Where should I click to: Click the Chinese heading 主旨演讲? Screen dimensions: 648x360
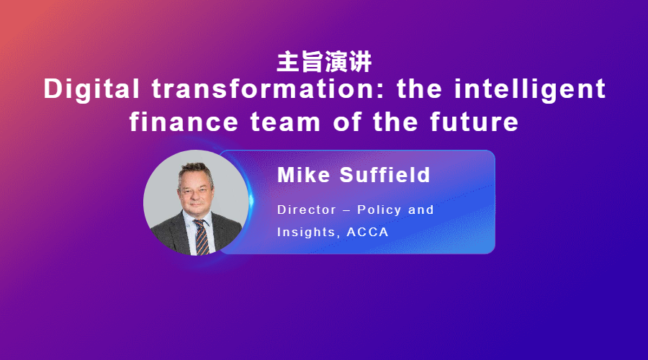click(324, 62)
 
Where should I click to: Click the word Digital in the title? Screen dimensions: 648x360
click(91, 90)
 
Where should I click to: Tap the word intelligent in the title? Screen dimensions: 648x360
click(530, 90)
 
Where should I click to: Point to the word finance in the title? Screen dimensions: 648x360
click(184, 122)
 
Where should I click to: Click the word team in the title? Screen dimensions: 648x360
click(286, 122)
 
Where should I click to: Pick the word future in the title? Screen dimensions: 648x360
click(474, 122)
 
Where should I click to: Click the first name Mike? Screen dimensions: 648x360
click(304, 175)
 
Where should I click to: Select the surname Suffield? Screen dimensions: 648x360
click(384, 175)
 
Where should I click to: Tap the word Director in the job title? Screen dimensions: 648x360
click(307, 210)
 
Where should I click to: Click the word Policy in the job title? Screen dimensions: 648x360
click(379, 210)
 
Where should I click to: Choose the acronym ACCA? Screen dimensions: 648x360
click(367, 233)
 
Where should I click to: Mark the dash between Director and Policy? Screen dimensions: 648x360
click(347, 210)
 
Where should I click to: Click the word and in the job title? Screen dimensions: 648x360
click(420, 210)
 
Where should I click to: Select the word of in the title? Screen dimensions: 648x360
click(347, 122)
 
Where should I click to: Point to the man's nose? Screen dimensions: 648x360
click(197, 196)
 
